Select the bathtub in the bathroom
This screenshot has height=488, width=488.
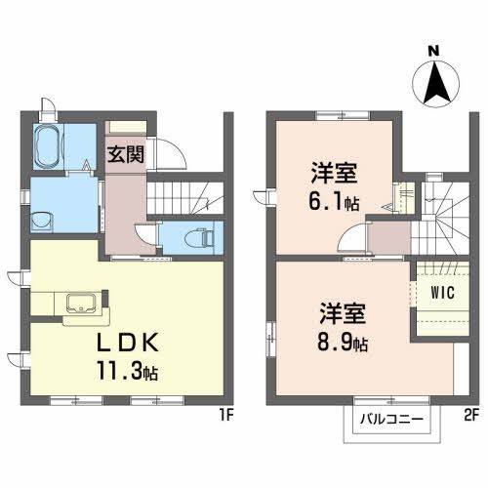(46, 149)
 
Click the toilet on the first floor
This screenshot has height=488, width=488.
(196, 237)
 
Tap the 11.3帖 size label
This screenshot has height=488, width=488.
(128, 372)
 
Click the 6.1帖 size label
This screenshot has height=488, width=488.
(335, 202)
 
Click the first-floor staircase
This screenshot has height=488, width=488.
(190, 197)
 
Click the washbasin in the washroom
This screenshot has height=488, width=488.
(42, 219)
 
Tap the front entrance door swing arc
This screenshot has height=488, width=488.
(167, 154)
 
